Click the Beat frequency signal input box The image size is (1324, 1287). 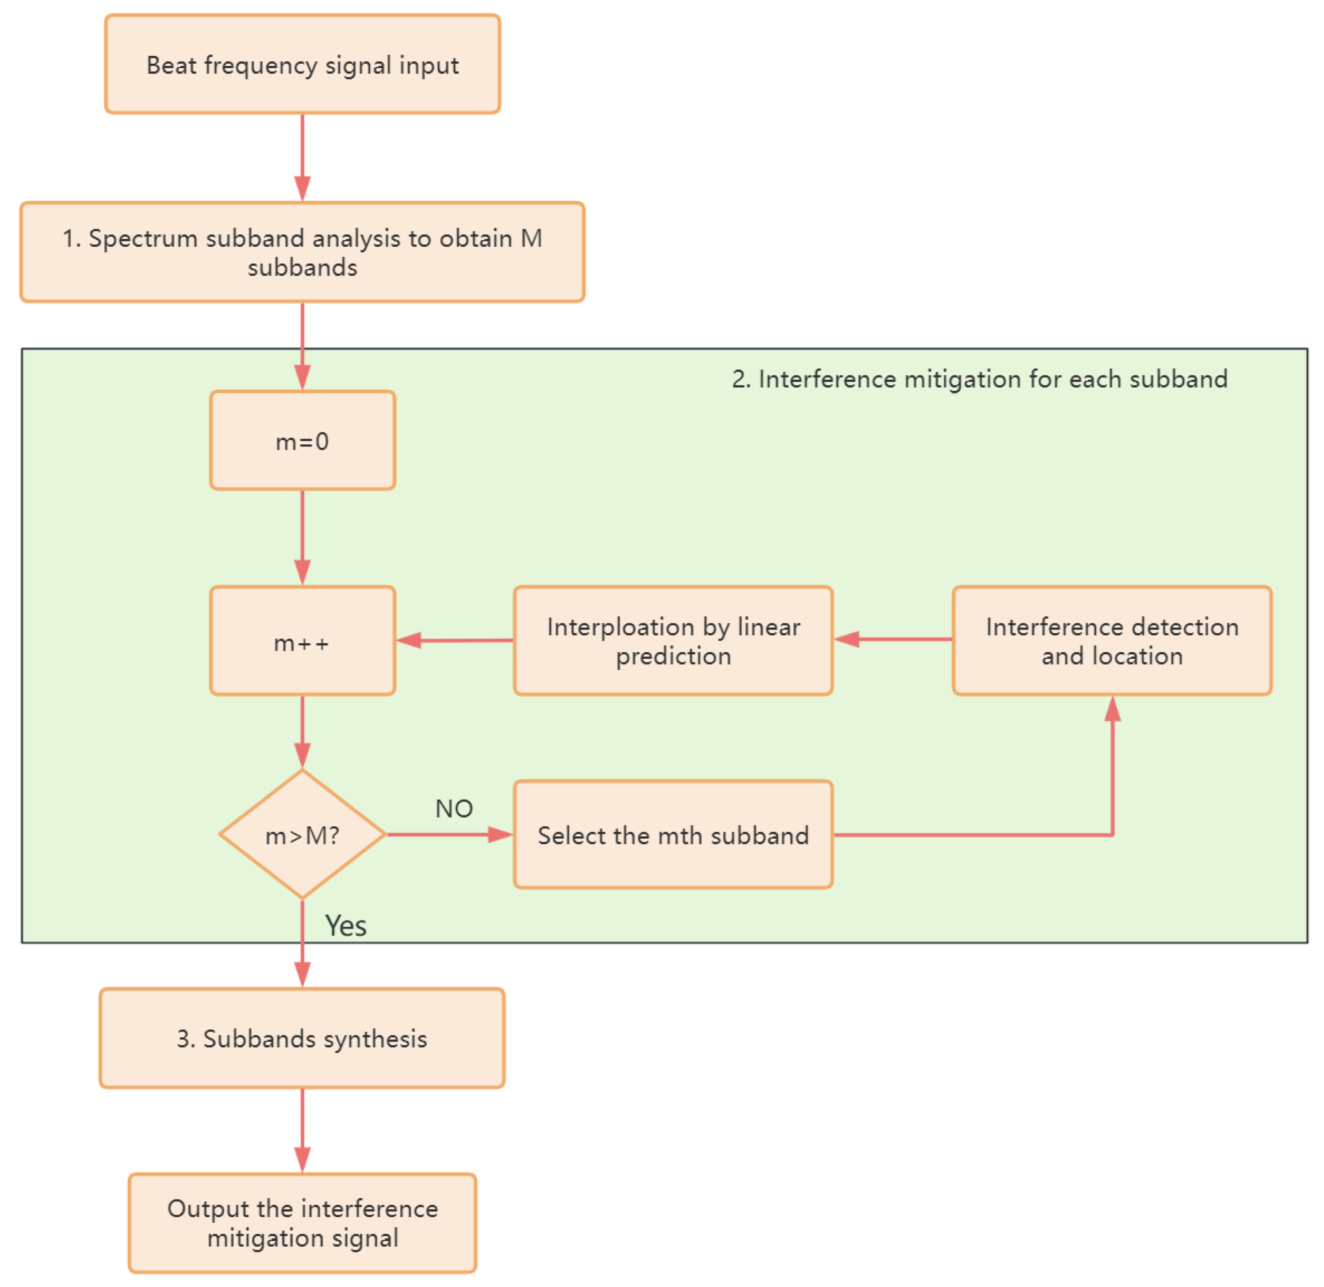click(302, 64)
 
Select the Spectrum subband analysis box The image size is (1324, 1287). click(302, 252)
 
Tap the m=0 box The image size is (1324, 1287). click(302, 441)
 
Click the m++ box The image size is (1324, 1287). click(302, 641)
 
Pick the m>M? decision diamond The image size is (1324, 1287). click(302, 835)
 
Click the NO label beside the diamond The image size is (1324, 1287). click(454, 809)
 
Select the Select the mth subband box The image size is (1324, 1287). click(673, 835)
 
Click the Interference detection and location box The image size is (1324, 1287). click(1112, 641)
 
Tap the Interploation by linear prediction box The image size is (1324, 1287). click(673, 641)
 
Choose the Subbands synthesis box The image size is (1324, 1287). click(302, 1038)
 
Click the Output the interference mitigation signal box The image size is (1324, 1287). click(302, 1223)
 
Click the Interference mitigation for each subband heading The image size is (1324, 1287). click(979, 379)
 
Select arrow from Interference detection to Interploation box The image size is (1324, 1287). click(892, 639)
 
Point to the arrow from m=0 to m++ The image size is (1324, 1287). click(302, 537)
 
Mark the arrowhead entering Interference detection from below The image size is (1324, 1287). click(1112, 710)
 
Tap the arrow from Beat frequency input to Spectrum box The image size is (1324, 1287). click(302, 157)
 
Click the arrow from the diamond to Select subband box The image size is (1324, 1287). click(450, 835)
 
